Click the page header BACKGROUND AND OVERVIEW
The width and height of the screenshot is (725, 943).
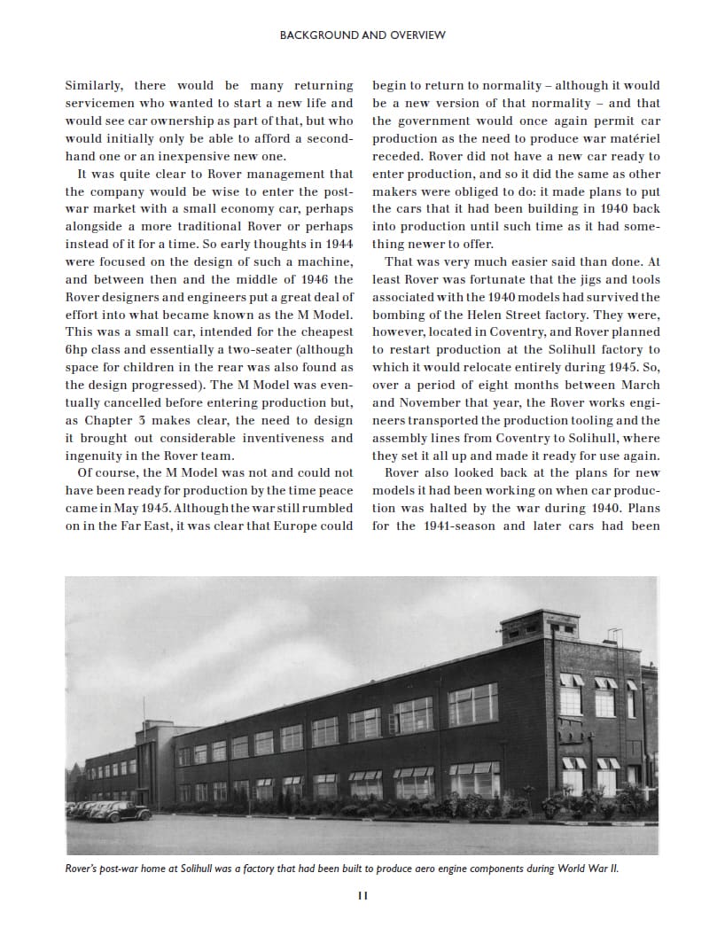(x=362, y=35)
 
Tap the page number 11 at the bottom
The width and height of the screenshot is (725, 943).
(x=362, y=895)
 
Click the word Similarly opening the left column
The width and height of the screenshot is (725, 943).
(x=93, y=85)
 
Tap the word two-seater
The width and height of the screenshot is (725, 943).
(x=266, y=349)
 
